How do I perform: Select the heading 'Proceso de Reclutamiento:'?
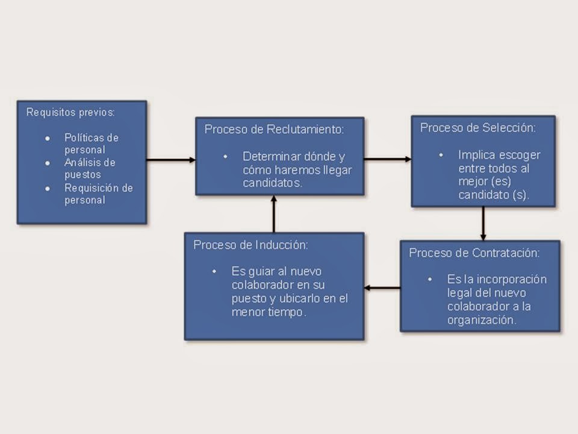click(x=275, y=129)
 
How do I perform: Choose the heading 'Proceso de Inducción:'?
click(x=250, y=245)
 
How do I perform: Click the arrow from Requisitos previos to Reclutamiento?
click(x=170, y=160)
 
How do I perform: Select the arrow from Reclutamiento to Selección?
click(x=388, y=159)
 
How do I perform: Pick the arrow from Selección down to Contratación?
click(x=483, y=223)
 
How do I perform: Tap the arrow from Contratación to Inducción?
click(x=382, y=288)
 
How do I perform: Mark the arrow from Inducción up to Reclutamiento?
click(x=274, y=214)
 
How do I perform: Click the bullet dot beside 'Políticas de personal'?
click(x=48, y=138)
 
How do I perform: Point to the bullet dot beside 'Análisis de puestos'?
click(x=48, y=163)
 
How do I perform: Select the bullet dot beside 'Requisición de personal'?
click(x=48, y=188)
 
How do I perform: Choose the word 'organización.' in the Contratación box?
click(x=481, y=320)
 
